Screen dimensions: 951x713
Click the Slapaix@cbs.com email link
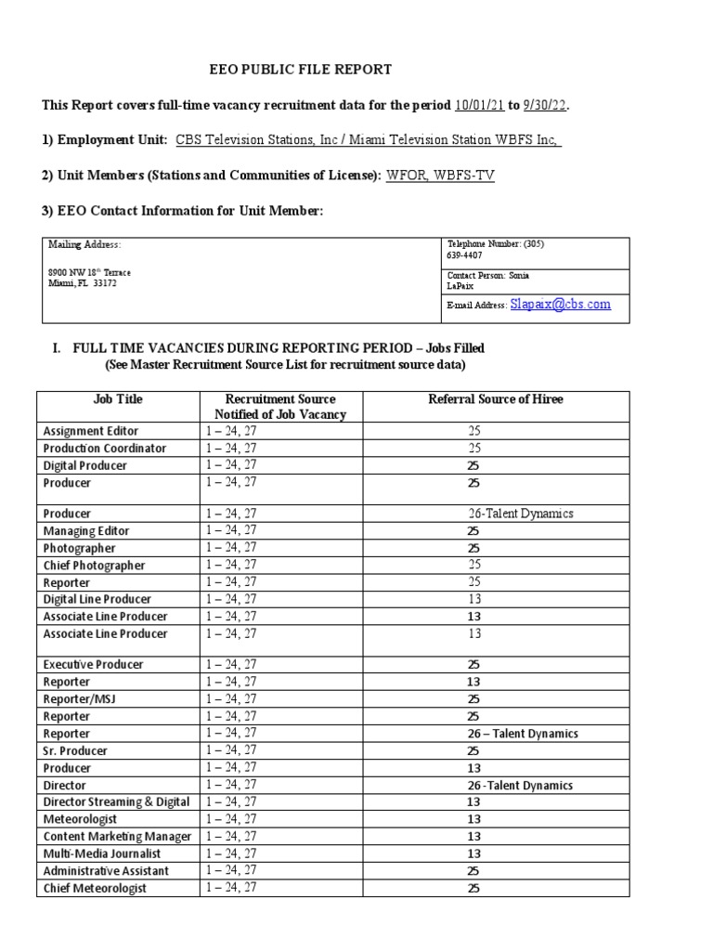[x=560, y=304]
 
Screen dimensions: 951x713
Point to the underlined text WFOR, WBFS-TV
[x=440, y=175]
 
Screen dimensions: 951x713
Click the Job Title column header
[x=118, y=399]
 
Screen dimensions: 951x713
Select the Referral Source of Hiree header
[x=495, y=399]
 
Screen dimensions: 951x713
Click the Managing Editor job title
[x=86, y=530]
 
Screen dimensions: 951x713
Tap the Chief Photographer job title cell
[x=95, y=565]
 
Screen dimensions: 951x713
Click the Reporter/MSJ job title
[x=82, y=698]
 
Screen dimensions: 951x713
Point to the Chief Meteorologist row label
[x=95, y=888]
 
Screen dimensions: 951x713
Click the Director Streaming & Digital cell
[x=117, y=801]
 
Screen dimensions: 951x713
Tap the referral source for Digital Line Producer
[x=473, y=599]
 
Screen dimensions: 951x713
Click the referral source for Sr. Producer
[x=473, y=750]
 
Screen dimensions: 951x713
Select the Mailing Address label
[x=84, y=244]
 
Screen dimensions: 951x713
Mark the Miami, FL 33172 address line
[x=83, y=284]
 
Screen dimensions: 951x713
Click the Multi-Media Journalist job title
[x=102, y=853]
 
